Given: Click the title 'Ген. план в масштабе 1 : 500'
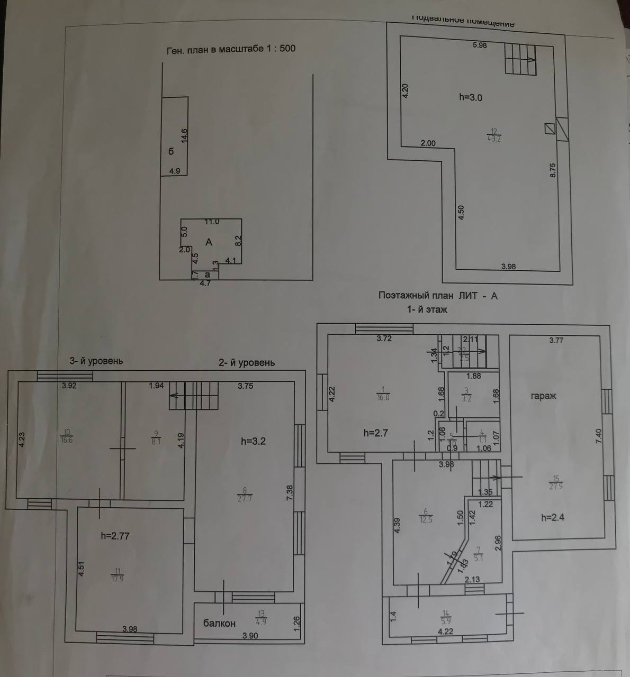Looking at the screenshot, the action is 231,49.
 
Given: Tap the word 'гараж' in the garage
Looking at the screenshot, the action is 544,396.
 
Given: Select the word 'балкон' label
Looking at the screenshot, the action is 219,623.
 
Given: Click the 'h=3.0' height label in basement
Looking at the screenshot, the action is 470,97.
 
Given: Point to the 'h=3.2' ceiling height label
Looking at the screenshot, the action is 253,441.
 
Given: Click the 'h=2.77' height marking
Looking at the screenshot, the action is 115,536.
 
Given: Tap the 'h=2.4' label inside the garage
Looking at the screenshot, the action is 553,517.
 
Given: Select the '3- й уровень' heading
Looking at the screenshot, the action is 96,361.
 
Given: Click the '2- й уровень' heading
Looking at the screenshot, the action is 247,362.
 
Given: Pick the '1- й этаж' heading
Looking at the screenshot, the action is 427,309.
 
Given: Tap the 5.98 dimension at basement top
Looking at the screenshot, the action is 480,45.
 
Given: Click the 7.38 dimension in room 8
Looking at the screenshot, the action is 290,493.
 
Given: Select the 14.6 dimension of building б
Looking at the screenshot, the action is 184,135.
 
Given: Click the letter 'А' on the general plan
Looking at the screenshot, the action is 209,242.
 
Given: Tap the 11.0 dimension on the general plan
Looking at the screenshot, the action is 212,222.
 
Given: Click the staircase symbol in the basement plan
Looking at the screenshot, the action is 520,58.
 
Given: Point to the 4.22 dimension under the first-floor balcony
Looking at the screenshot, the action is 446,631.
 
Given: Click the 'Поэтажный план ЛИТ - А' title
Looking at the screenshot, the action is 438,296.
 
